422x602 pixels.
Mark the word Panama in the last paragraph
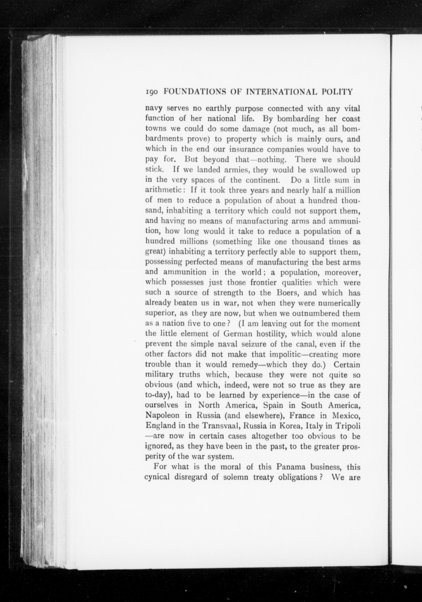point(291,467)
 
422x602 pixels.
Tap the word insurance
point(245,149)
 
